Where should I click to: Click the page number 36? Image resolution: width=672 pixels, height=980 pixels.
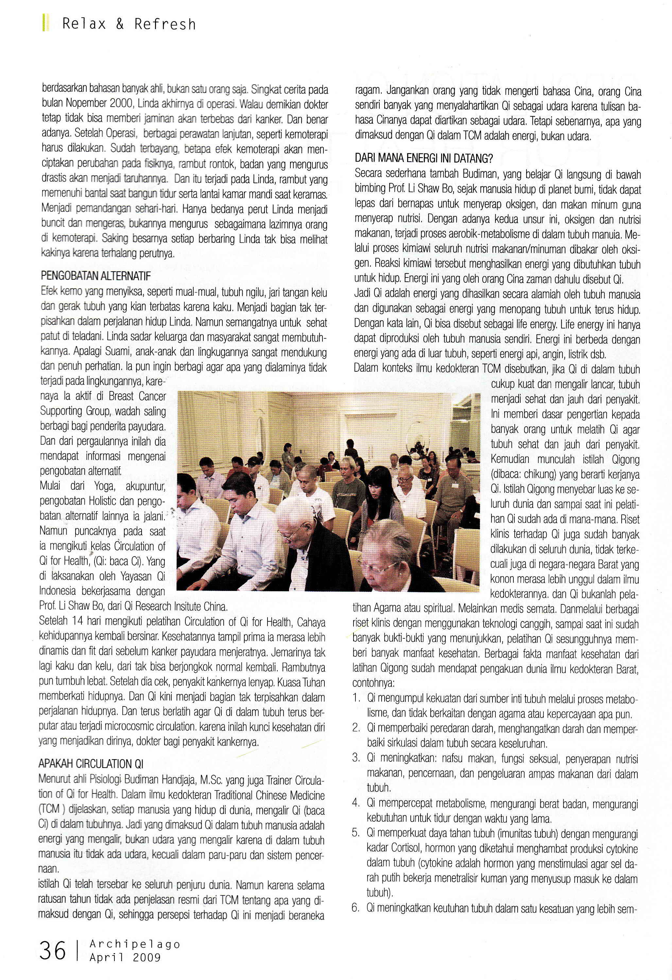pos(53,951)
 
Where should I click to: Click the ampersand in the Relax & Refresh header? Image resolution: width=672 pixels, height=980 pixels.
pos(120,24)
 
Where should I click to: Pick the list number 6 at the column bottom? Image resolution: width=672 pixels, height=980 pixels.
pos(355,908)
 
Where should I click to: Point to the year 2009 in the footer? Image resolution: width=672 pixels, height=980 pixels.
pos(146,957)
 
